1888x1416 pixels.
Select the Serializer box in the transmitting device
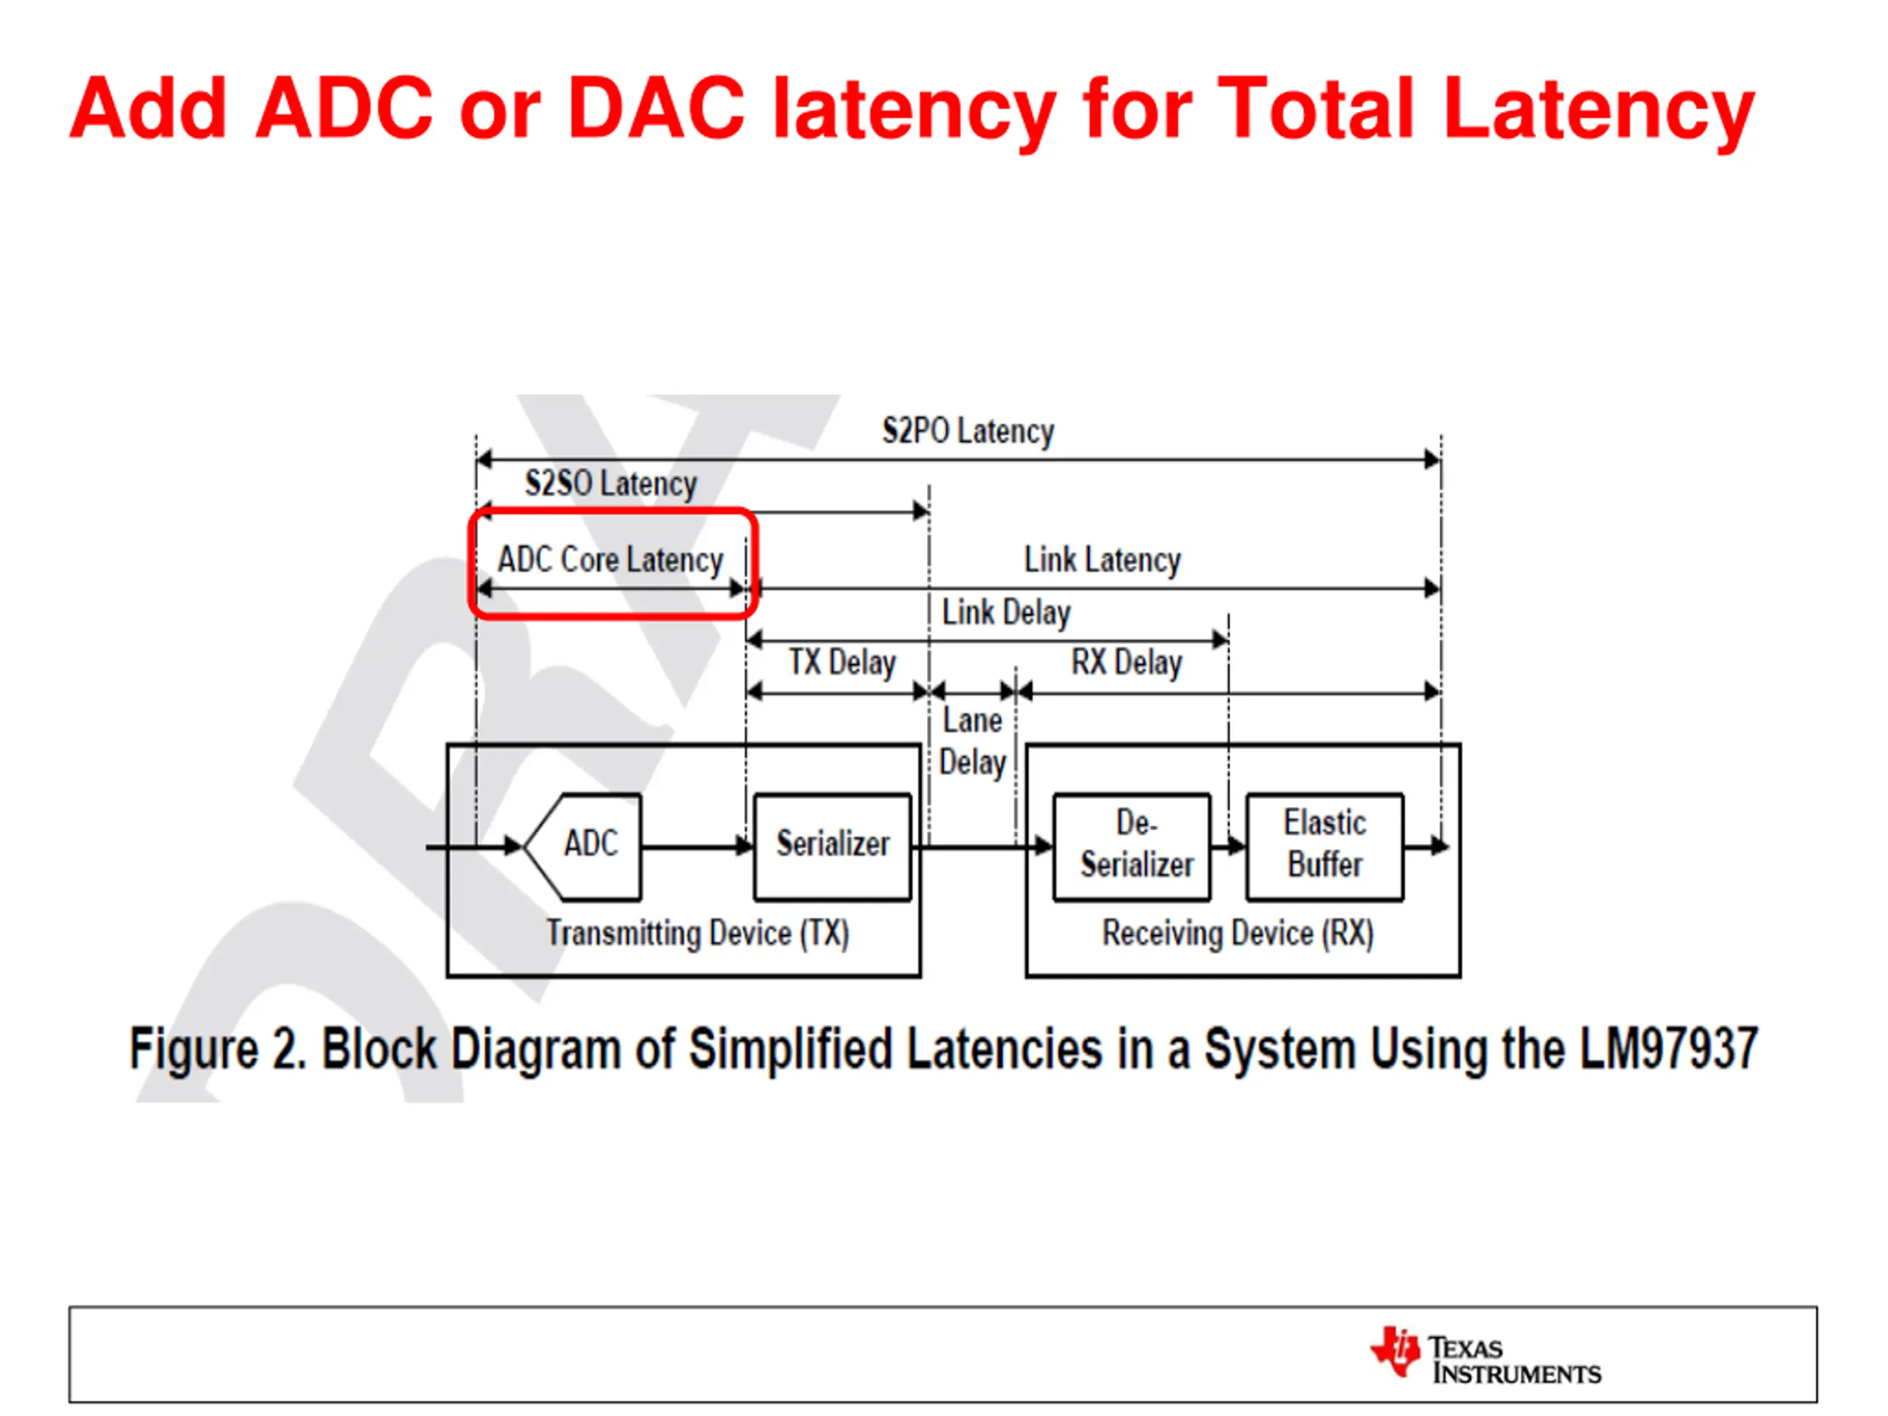coord(832,845)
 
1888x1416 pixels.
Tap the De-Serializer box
coord(1133,845)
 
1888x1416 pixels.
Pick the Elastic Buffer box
coord(1325,845)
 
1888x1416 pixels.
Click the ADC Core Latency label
coord(610,560)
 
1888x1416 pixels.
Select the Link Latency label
coord(1102,560)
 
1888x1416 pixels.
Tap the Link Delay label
coord(1005,613)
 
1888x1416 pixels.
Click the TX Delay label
coord(841,662)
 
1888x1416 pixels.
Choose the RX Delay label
coord(1127,662)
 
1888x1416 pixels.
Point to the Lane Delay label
coord(972,742)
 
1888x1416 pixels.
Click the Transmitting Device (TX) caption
coord(698,933)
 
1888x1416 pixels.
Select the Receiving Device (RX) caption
coord(1238,933)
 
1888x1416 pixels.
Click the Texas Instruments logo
coord(1485,1353)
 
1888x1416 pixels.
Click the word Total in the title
coord(1315,108)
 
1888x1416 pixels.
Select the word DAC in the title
coord(656,108)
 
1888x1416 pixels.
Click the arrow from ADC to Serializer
coord(696,847)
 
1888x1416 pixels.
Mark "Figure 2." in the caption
coord(217,1048)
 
